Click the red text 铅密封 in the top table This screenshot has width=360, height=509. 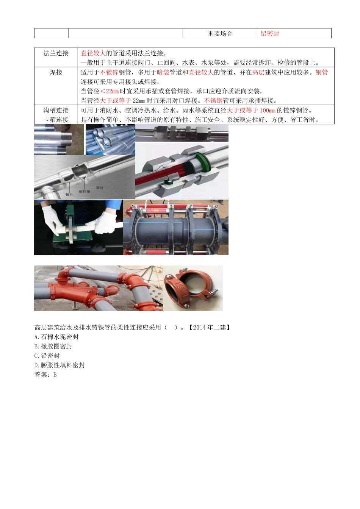(270, 34)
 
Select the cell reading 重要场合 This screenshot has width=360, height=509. (220, 34)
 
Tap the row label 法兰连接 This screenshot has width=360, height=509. (56, 53)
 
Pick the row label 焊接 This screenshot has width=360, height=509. (56, 72)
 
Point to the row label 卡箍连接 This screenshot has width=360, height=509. (56, 120)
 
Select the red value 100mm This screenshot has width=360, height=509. (267, 111)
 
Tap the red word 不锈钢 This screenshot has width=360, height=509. (213, 101)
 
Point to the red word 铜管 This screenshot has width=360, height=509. (322, 72)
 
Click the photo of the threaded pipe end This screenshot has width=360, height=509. (59, 139)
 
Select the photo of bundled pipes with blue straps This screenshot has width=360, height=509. (110, 139)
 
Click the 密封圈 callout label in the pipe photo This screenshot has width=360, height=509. (85, 191)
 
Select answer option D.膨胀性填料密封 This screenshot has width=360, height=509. (59, 365)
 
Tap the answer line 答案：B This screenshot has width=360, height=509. (45, 375)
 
